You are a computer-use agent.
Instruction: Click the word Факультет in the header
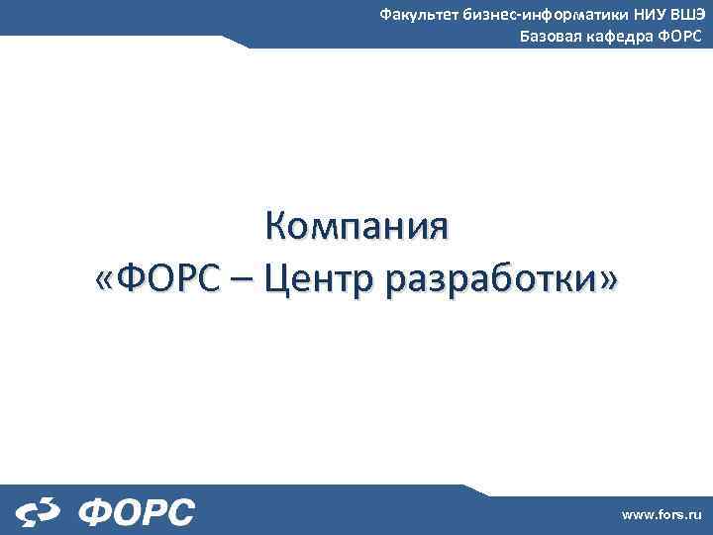420,15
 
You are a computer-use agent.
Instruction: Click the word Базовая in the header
552,37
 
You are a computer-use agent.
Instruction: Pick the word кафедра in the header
620,38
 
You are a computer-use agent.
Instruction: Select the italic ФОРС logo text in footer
136,512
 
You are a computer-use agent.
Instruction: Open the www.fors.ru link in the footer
661,515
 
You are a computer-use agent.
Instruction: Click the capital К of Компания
275,227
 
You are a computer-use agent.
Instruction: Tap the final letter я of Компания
437,229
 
